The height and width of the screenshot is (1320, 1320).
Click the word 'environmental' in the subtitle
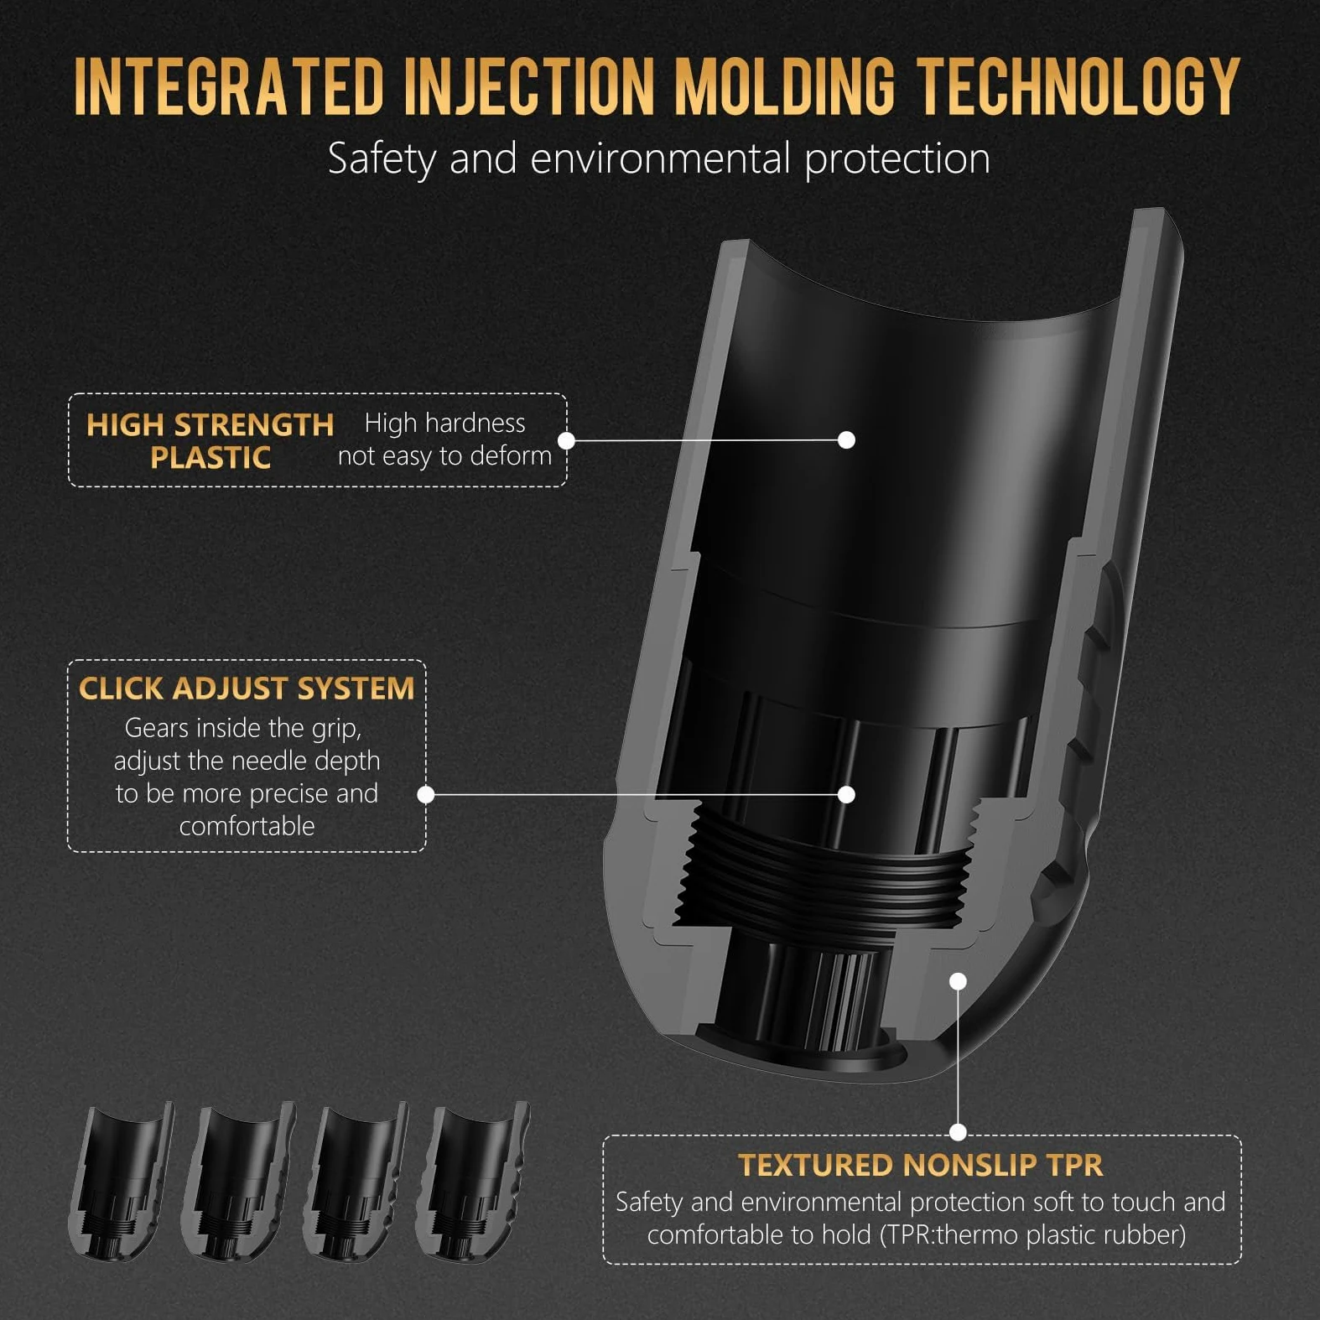click(x=661, y=159)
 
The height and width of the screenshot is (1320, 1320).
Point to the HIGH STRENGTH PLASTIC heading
click(x=210, y=441)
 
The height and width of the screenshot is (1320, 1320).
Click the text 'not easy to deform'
click(x=444, y=456)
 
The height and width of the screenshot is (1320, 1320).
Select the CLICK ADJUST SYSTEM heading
click(x=247, y=689)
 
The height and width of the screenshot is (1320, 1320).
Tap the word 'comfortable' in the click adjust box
click(x=247, y=826)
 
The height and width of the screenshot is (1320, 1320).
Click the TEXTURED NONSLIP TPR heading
click(x=921, y=1165)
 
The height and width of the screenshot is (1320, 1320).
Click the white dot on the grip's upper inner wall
click(x=847, y=439)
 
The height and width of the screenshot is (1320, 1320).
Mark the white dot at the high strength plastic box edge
click(x=566, y=440)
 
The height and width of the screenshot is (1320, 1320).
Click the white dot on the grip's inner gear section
click(x=847, y=794)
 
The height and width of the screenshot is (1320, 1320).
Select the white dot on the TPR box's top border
click(x=959, y=1132)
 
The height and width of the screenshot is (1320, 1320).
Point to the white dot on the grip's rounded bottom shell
click(x=959, y=981)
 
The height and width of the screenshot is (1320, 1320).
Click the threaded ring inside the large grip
click(x=826, y=872)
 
